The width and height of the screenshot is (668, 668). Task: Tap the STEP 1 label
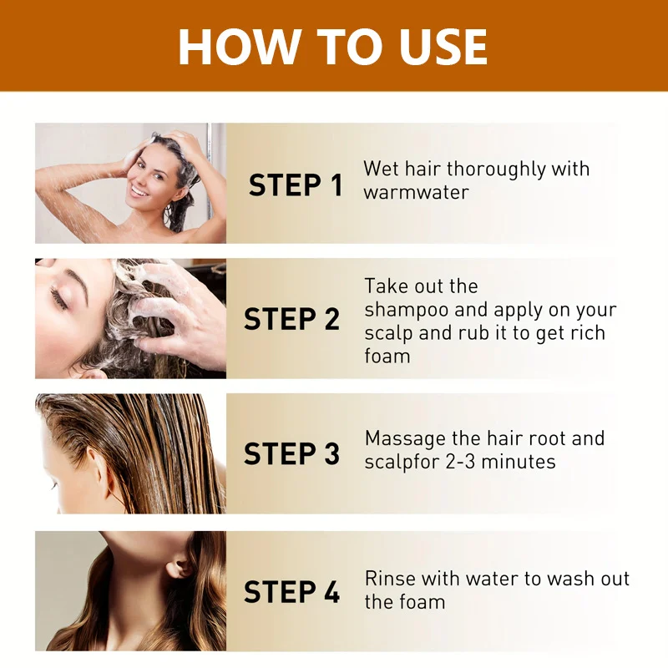click(x=296, y=185)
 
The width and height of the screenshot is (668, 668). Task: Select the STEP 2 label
click(x=291, y=319)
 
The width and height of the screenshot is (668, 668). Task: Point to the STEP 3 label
click(x=291, y=453)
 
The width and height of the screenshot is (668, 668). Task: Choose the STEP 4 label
click(x=291, y=592)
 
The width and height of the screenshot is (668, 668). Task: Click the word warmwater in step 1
click(x=416, y=193)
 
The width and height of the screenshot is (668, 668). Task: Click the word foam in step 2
click(x=387, y=356)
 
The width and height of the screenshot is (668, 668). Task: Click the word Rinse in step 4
click(x=391, y=579)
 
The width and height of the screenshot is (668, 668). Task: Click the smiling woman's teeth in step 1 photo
click(x=139, y=190)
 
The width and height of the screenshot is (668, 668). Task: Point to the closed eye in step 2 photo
click(x=58, y=297)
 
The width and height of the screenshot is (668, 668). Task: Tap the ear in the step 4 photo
click(x=179, y=568)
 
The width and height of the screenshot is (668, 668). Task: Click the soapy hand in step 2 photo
click(x=175, y=311)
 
